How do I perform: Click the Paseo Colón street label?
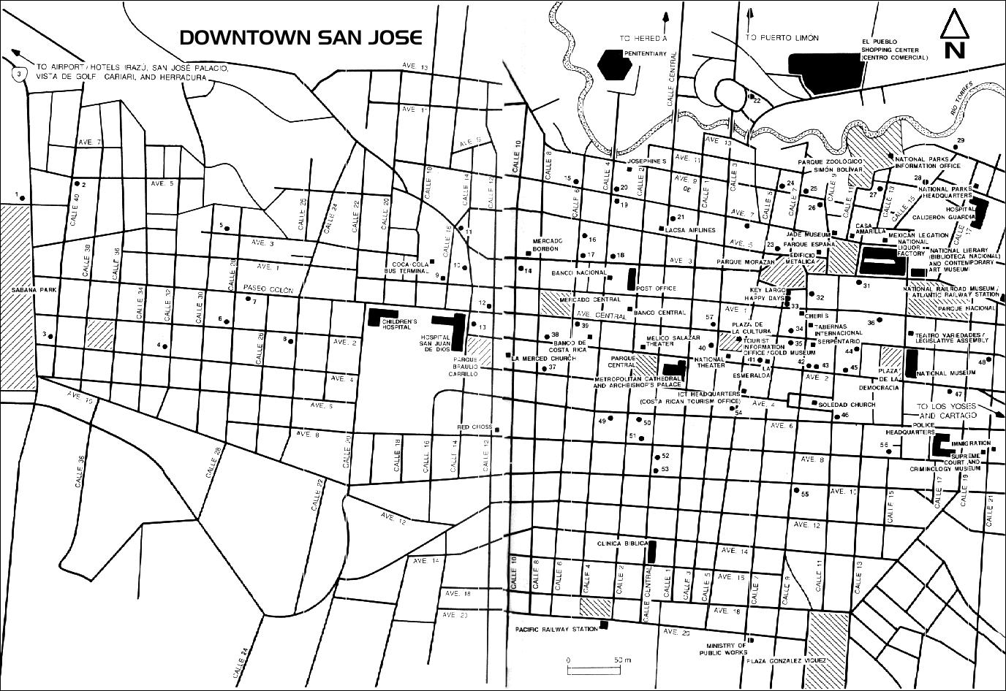point(263,291)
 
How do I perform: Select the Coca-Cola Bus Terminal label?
point(409,267)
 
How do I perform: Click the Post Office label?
point(657,289)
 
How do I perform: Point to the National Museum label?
point(945,373)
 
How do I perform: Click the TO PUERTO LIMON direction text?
point(782,37)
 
